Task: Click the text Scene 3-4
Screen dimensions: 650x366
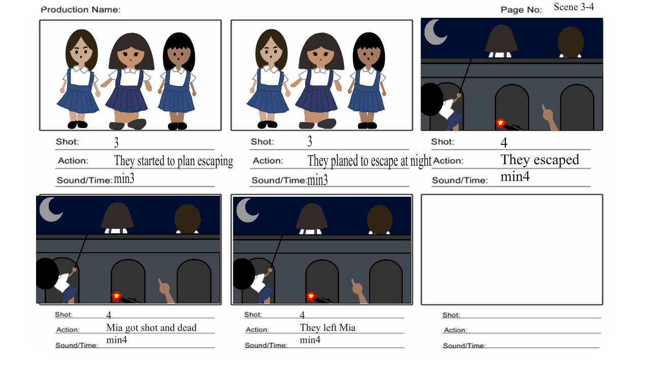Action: coord(574,7)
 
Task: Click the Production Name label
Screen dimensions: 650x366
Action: coord(81,10)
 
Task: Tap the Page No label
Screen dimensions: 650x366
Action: coord(521,10)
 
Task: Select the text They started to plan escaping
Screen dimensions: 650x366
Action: coord(174,161)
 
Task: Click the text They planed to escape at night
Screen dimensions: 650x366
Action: coord(369,161)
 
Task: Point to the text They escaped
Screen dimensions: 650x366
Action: coord(540,160)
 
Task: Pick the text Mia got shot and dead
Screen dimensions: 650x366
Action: coord(151,328)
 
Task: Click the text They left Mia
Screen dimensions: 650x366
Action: coord(328,328)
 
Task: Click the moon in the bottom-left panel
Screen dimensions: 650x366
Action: coord(49,210)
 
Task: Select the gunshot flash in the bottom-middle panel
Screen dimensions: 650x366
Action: coord(311,296)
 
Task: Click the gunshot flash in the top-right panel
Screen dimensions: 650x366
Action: coord(501,123)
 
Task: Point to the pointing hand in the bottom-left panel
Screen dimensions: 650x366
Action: coord(166,290)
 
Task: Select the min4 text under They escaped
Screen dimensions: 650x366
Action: coord(515,176)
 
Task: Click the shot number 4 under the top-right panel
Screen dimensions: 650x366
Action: coord(504,143)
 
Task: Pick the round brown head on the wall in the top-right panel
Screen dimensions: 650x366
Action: coord(570,42)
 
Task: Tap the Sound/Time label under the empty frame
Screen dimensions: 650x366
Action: coord(464,346)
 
